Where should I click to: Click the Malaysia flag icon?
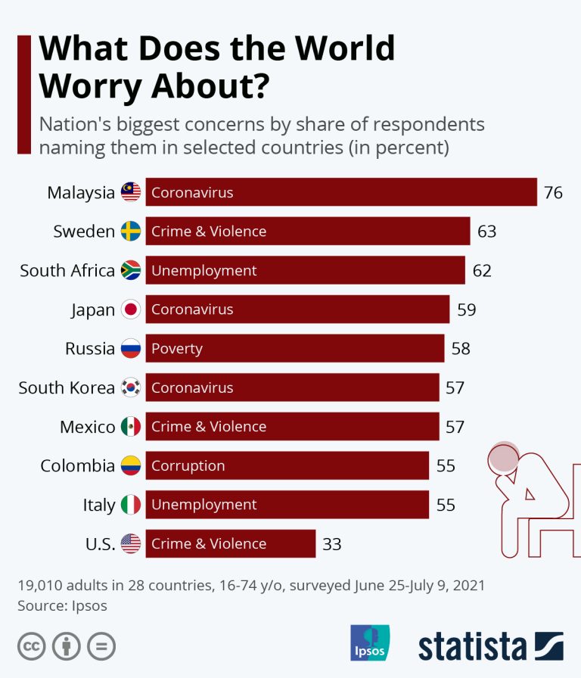point(131,193)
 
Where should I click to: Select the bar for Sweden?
point(307,232)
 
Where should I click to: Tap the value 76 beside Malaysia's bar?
point(553,193)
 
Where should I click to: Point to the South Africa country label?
point(67,270)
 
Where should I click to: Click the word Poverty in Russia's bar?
point(177,349)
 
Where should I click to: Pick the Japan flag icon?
point(131,309)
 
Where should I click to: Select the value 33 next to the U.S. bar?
point(332,543)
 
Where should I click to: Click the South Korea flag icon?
point(131,388)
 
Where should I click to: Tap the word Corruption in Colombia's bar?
point(188,466)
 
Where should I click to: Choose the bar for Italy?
point(287,505)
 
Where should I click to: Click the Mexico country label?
point(88,427)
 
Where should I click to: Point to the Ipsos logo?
point(370,643)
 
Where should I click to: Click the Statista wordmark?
point(473,647)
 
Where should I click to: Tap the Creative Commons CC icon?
point(31,646)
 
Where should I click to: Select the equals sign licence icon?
point(101,646)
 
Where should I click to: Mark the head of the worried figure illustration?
point(502,457)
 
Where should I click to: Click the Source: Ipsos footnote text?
point(62,605)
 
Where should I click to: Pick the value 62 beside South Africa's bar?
point(482,271)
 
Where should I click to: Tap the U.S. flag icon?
point(131,543)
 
